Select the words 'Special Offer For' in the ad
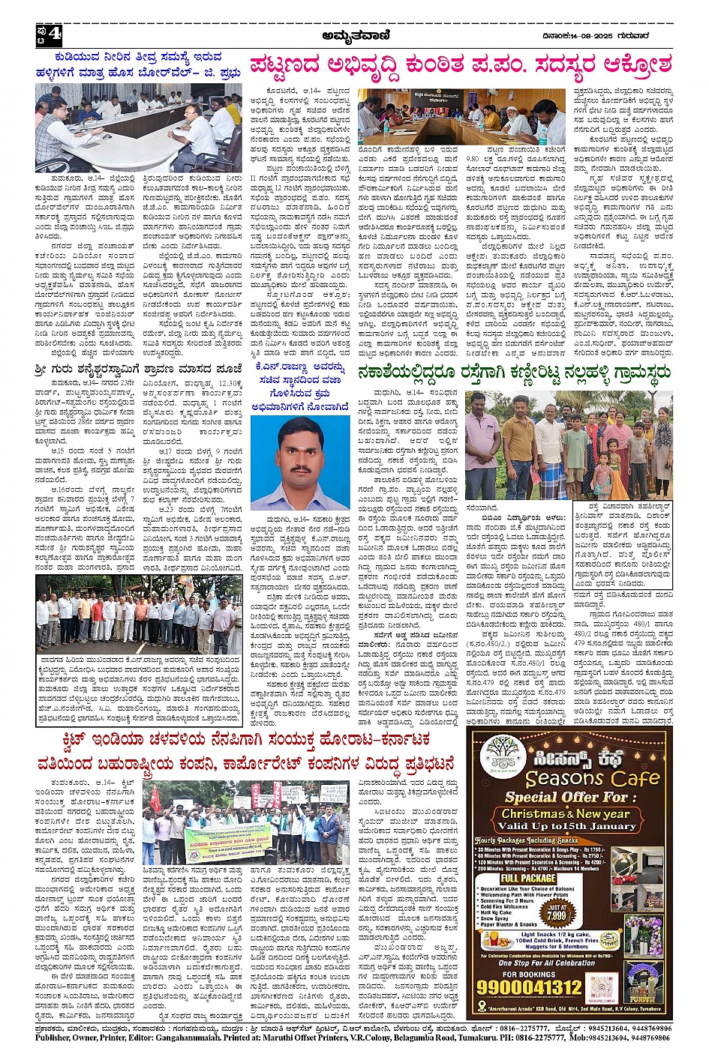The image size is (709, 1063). (x=567, y=796)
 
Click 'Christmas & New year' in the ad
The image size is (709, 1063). (x=566, y=813)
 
